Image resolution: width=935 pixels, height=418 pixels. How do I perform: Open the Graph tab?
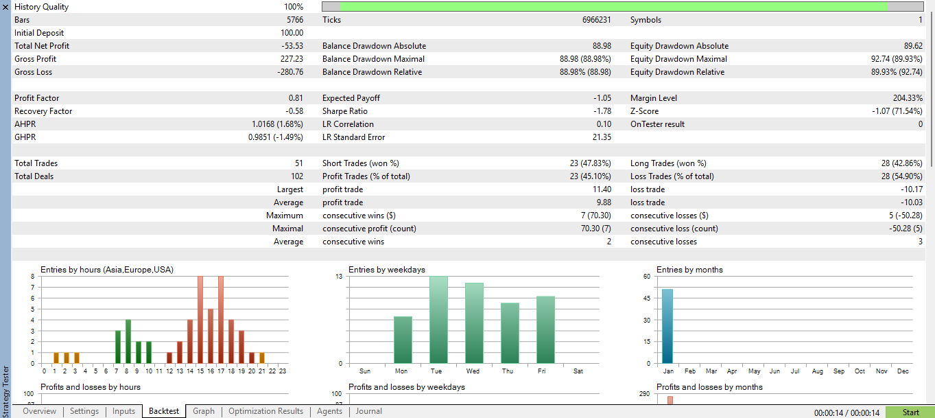(203, 411)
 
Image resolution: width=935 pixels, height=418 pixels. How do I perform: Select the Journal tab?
(369, 411)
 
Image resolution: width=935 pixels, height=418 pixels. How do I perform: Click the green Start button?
(910, 412)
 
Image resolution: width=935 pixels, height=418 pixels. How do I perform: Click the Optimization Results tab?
(265, 411)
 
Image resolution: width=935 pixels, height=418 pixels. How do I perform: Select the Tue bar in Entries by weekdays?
(438, 320)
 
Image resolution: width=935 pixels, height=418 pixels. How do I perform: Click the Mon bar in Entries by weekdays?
(403, 340)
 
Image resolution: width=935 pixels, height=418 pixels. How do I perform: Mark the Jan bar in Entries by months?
(667, 326)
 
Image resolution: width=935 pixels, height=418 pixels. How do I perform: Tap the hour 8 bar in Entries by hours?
(128, 341)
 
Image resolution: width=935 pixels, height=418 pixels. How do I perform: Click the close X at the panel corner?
(5, 7)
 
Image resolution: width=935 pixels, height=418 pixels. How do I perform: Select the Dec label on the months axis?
(903, 371)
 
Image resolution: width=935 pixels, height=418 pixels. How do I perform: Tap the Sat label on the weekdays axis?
(578, 371)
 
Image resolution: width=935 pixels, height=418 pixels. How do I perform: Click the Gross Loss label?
(33, 72)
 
